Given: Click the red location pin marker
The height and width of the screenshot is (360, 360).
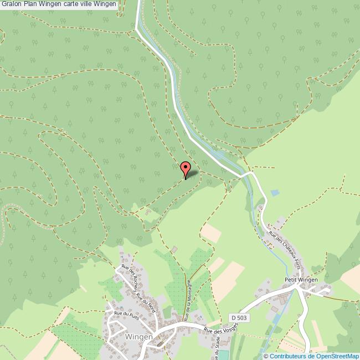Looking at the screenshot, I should tap(186, 168).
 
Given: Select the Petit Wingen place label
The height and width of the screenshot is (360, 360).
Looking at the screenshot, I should tap(301, 280).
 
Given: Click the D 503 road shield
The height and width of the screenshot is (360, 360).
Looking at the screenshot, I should tap(239, 317).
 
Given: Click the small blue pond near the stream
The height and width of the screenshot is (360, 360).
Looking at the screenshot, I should tap(275, 193).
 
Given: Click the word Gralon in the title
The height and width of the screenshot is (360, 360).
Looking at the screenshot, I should tap(11, 4).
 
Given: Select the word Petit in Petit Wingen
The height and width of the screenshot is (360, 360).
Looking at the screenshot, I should tap(291, 280).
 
